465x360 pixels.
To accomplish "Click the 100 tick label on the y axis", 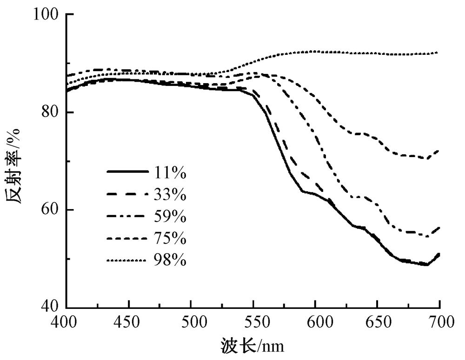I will [46, 14].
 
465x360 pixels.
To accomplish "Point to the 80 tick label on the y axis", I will [50, 112].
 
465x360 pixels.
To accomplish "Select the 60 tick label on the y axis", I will [50, 210].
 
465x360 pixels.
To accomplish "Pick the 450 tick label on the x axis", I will [129, 323].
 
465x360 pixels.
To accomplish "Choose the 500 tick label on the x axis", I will [191, 323].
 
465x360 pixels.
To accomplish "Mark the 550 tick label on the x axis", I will [253, 323].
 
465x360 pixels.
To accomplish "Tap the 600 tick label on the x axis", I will [315, 323].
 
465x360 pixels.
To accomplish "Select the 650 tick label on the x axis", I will [378, 323].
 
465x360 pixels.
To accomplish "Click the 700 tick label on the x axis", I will [439, 323].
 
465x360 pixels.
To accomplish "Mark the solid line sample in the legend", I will [124, 172].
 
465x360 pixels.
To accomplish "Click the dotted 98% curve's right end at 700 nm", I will [438, 53].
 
